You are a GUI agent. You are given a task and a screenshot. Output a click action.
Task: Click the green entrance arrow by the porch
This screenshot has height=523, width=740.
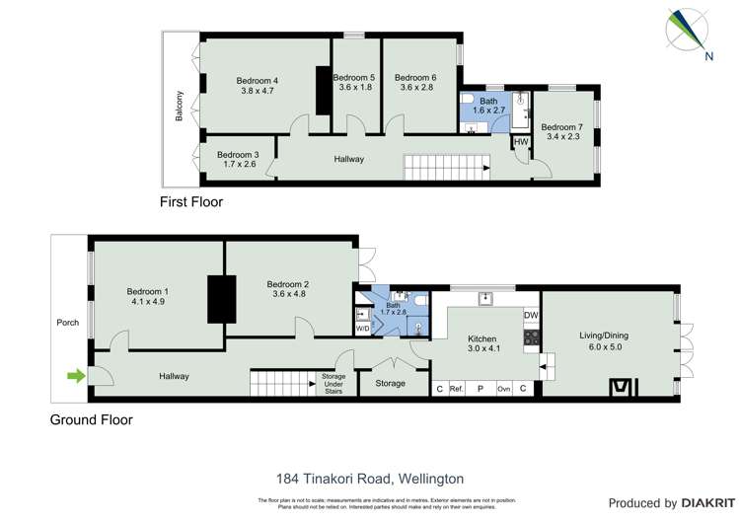point(75,375)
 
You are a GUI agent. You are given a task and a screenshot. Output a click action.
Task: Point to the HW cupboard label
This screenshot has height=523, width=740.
point(521,142)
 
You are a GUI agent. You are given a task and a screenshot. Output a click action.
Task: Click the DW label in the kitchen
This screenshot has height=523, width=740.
point(531,316)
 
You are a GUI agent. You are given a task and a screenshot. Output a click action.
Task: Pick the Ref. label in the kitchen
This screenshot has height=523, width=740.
point(457,389)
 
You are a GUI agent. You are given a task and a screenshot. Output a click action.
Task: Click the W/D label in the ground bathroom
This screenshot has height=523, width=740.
point(362,329)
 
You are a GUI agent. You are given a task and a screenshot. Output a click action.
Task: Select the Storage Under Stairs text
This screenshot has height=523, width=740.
point(333,383)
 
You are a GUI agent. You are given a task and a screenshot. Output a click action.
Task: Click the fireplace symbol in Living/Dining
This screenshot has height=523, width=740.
point(620,386)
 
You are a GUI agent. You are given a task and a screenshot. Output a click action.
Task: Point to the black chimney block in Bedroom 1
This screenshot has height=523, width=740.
point(216,297)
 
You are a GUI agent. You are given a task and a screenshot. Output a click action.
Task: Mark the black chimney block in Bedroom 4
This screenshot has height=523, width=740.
point(322,91)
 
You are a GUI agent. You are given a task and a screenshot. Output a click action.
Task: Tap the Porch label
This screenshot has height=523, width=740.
point(68,323)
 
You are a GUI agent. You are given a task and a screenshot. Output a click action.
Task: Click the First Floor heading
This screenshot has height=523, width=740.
point(191,202)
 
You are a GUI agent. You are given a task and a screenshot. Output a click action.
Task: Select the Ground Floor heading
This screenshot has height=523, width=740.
point(91,419)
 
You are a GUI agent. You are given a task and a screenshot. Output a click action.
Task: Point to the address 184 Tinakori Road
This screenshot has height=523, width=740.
point(370,479)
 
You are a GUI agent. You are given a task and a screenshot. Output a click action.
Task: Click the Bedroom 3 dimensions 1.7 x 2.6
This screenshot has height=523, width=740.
point(237,165)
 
